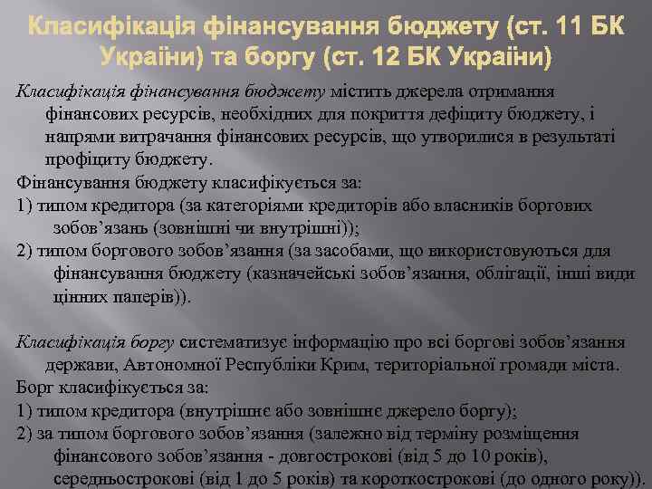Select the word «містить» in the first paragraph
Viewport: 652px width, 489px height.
363,92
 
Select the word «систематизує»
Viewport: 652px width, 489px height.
235,343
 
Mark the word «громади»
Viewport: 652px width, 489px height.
528,366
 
